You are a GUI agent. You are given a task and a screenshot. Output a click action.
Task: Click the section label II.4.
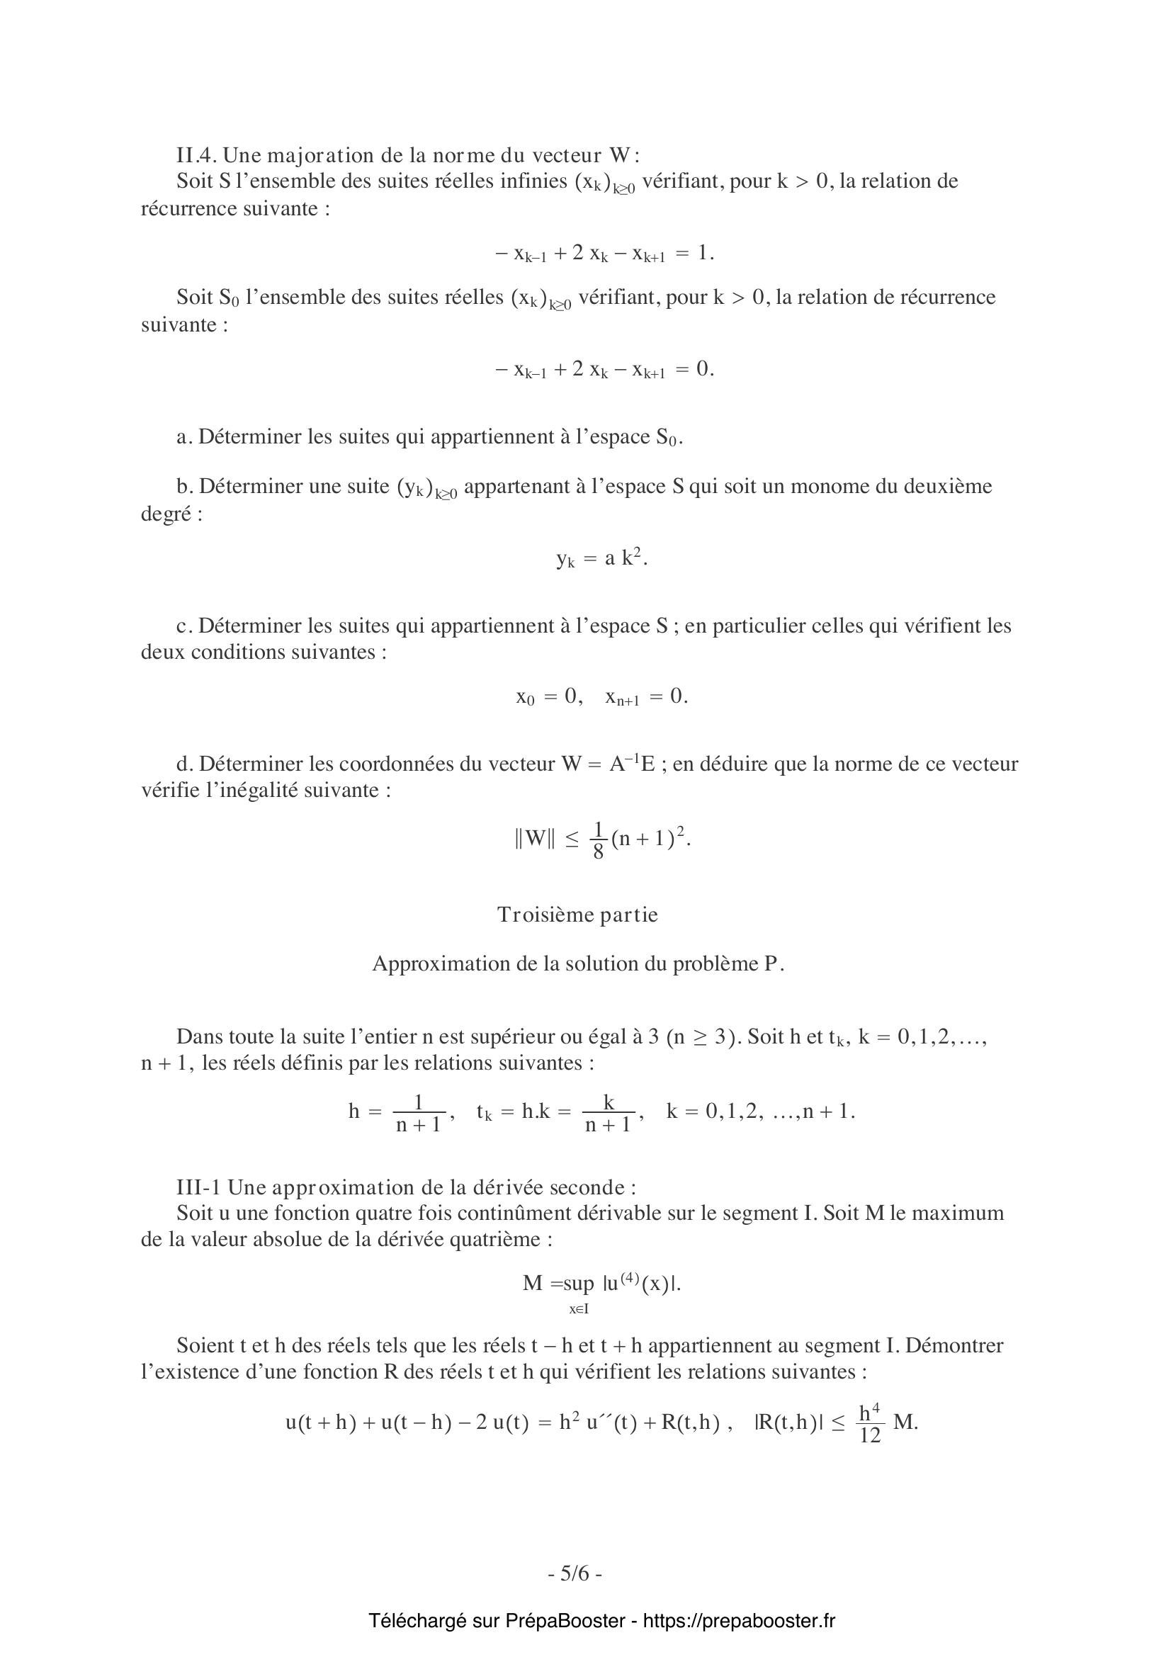click(x=196, y=155)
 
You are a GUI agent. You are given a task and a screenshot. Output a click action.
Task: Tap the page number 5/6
click(x=575, y=1573)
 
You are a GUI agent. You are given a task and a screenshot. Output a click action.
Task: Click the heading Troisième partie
click(x=577, y=915)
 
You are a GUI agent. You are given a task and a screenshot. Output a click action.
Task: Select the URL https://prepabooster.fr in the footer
click(x=739, y=1621)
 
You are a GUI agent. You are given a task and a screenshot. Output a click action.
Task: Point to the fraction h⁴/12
click(x=870, y=1423)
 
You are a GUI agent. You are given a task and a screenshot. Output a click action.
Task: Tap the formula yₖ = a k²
click(x=601, y=558)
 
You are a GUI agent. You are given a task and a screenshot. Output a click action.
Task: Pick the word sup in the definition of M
click(x=579, y=1283)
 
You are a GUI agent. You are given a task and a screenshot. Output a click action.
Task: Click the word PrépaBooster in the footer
click(x=565, y=1621)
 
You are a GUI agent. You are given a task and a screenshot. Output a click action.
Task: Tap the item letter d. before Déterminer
click(x=185, y=764)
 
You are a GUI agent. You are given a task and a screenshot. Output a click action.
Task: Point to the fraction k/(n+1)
click(x=608, y=1112)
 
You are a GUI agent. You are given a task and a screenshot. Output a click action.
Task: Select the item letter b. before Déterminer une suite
click(x=185, y=486)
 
